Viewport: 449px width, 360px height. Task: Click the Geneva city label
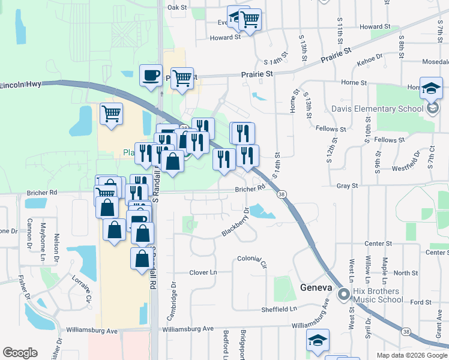[x=316, y=288]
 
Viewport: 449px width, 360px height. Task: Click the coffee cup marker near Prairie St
[x=151, y=76]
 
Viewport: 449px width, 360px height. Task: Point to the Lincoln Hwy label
[x=20, y=85]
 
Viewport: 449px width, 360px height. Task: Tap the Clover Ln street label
[x=203, y=272]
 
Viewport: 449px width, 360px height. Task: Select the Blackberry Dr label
[x=235, y=223]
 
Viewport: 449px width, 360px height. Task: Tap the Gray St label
[x=347, y=186]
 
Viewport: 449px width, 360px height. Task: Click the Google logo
[x=20, y=353]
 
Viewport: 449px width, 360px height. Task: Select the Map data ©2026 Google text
[x=411, y=355]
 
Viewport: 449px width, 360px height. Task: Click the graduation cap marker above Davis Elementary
[x=431, y=89]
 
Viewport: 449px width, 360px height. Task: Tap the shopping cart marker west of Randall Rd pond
[x=111, y=113]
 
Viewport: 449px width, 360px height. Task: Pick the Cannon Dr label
[x=29, y=236]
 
